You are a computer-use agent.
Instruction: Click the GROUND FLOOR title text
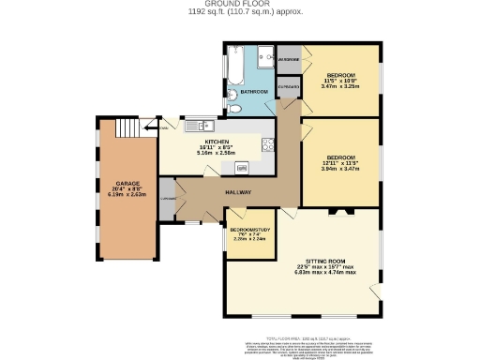pyautogui.click(x=239, y=5)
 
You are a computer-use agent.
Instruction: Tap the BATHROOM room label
pyautogui.click(x=253, y=92)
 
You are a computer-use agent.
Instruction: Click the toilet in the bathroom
pyautogui.click(x=236, y=109)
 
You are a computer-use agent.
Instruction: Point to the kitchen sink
pyautogui.click(x=208, y=125)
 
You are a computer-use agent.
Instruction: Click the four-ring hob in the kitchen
pyautogui.click(x=267, y=143)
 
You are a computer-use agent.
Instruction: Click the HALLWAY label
pyautogui.click(x=237, y=190)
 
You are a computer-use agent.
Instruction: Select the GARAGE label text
pyautogui.click(x=127, y=183)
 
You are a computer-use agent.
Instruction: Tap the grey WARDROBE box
pyautogui.click(x=289, y=59)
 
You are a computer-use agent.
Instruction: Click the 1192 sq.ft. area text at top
pyautogui.click(x=239, y=13)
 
